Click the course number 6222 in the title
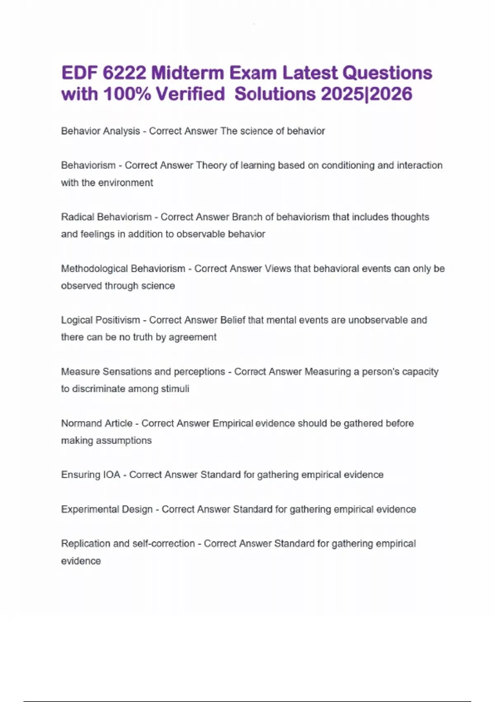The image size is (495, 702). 124,73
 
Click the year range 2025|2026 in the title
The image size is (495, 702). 366,94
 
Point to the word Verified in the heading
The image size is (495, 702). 190,94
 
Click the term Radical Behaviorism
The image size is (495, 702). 106,217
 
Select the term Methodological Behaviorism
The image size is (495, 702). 123,268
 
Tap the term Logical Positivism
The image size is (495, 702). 100,320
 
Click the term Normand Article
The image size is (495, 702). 97,423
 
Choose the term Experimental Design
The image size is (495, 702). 107,509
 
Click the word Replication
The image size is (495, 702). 85,543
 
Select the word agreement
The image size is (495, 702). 193,337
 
